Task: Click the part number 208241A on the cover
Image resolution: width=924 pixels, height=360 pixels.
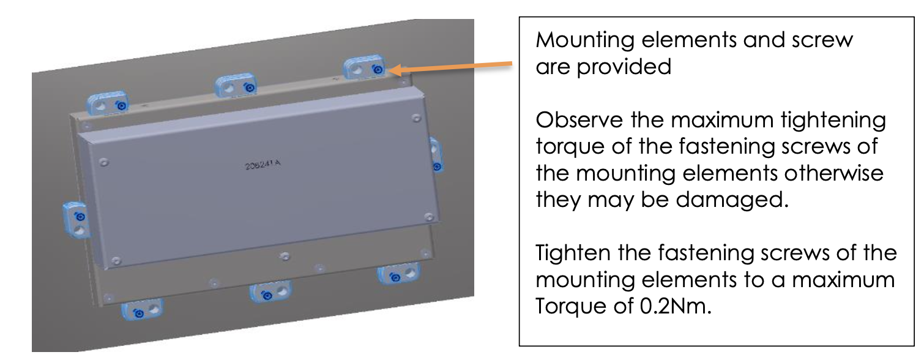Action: coord(263,166)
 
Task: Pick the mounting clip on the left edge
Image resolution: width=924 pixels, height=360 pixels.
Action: coord(77,220)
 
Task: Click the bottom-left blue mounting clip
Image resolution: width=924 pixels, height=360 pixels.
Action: coord(142,310)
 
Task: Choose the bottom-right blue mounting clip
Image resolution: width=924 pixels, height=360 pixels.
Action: coord(399,274)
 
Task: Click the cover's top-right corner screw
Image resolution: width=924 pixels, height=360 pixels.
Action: coord(416,118)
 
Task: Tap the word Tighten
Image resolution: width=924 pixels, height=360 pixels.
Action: coord(571,253)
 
